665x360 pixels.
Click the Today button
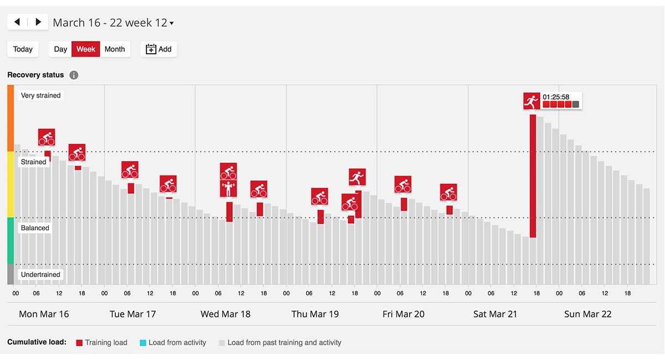[x=23, y=49]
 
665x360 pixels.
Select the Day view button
[x=60, y=49]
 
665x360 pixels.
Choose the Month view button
[x=115, y=49]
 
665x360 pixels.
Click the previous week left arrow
[x=17, y=22]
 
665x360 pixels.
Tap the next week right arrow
[x=38, y=22]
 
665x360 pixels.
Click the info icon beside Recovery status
[x=74, y=75]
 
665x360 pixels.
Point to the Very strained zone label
[x=40, y=95]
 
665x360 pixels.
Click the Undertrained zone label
[x=40, y=275]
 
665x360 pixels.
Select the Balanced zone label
[x=35, y=228]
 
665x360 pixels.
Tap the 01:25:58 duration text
[x=556, y=97]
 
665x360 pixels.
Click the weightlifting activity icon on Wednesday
[x=228, y=189]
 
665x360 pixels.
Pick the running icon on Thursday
[x=357, y=177]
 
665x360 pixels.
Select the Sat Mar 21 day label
[x=495, y=314]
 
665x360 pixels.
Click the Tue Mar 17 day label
[x=132, y=314]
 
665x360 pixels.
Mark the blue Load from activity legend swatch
[x=142, y=343]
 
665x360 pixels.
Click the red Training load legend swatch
[x=79, y=343]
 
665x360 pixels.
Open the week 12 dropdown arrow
[x=172, y=23]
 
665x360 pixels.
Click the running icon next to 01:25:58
[x=531, y=101]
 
